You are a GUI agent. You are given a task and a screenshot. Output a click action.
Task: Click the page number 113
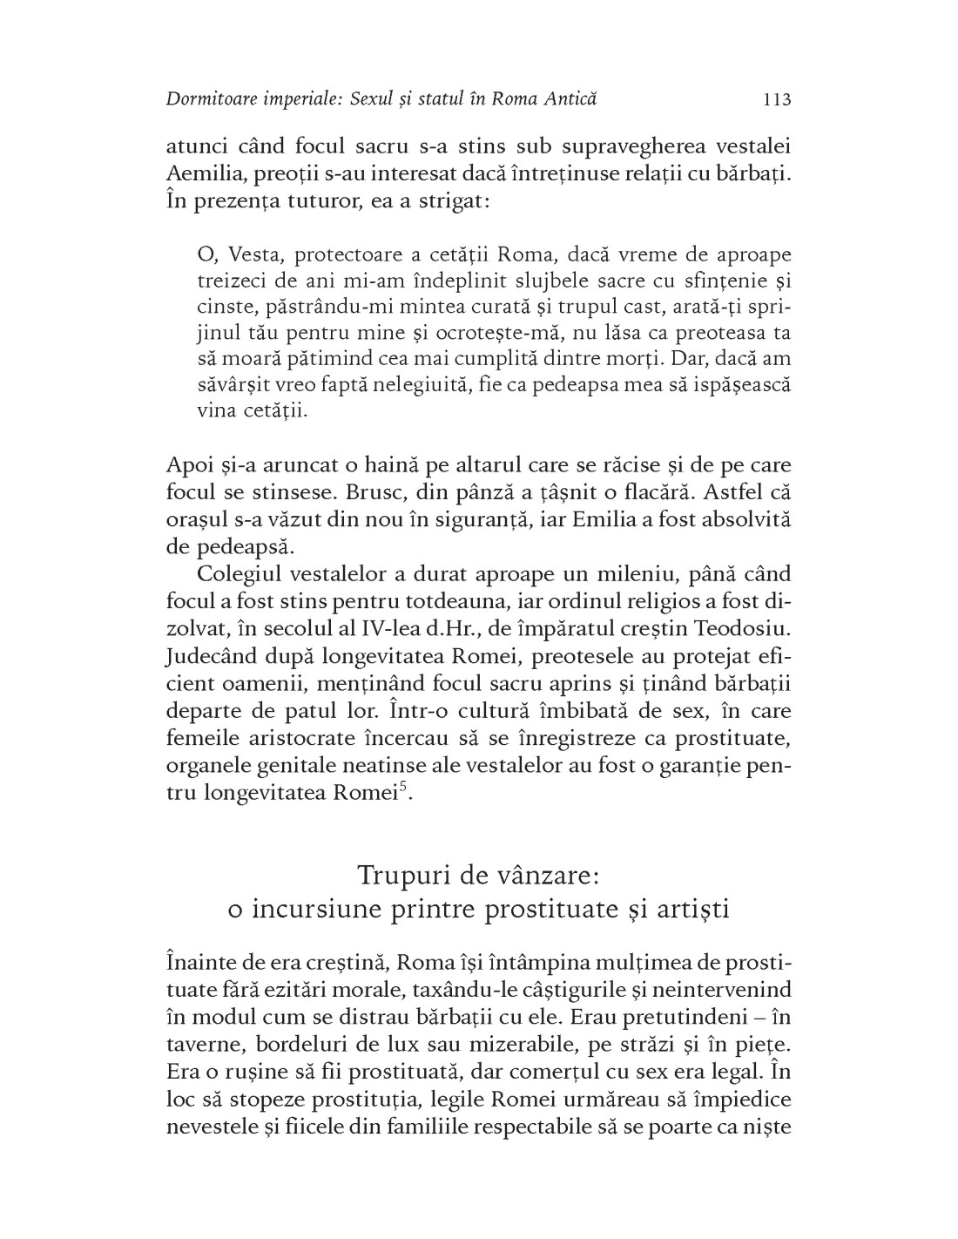[776, 99]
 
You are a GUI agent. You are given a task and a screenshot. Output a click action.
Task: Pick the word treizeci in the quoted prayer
[228, 281]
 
